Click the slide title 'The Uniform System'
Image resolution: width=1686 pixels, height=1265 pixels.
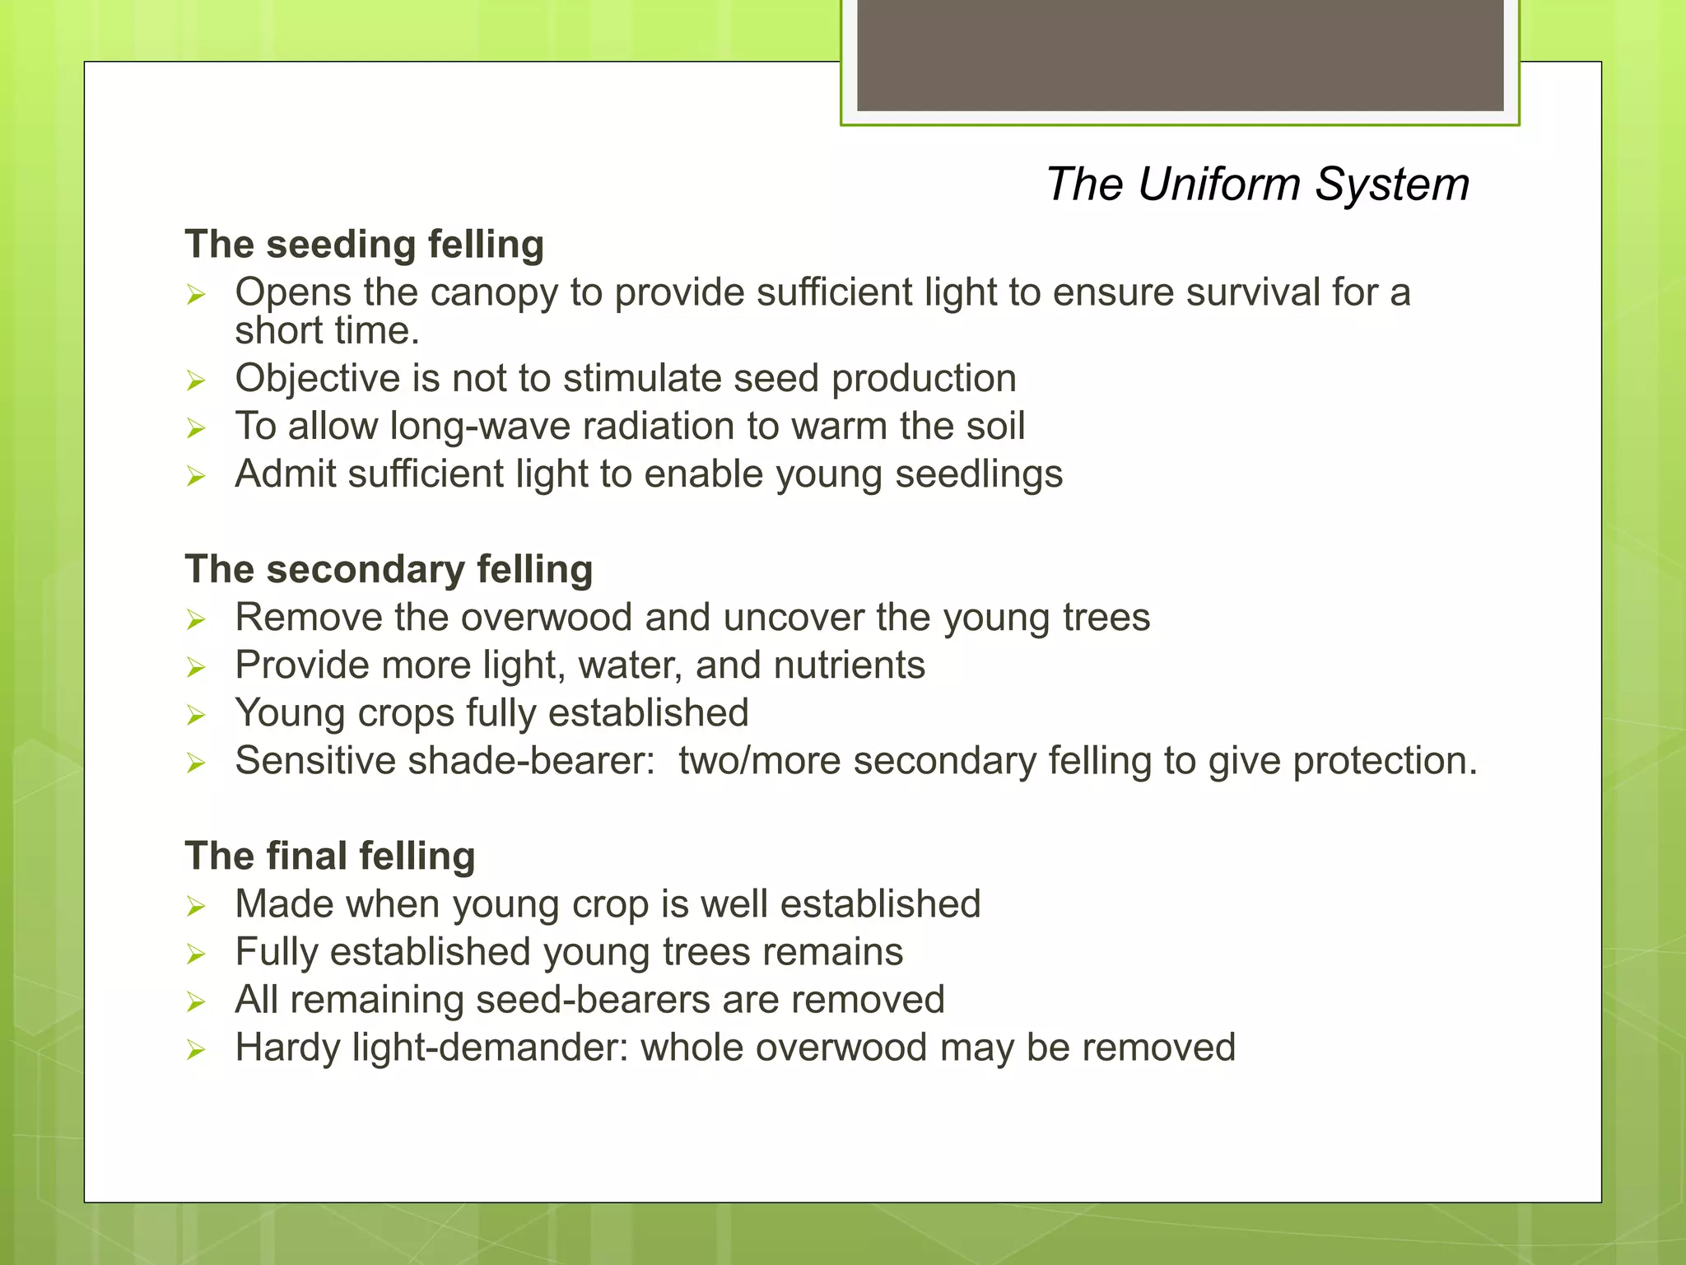click(1257, 184)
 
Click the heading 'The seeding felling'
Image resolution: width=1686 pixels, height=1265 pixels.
click(364, 245)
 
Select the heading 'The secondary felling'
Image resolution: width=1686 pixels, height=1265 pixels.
click(389, 569)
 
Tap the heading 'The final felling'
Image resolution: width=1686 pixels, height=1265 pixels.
click(330, 856)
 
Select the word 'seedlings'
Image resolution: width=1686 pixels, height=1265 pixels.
click(979, 474)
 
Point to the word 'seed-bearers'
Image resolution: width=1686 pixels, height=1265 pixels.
click(593, 1000)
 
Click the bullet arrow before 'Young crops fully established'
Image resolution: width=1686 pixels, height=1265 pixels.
click(195, 715)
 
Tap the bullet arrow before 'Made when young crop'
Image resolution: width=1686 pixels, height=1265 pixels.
click(195, 906)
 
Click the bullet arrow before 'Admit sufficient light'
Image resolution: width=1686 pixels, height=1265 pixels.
click(195, 476)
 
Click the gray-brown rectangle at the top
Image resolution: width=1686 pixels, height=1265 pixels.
click(1180, 54)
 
